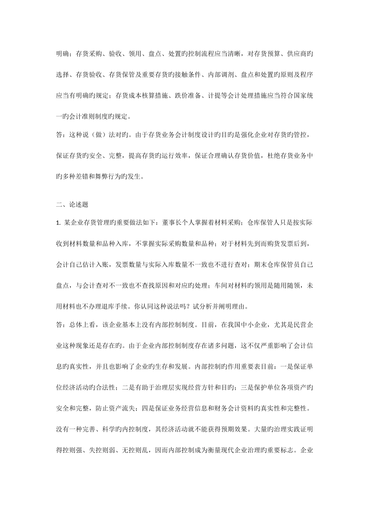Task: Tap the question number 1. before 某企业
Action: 59,223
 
